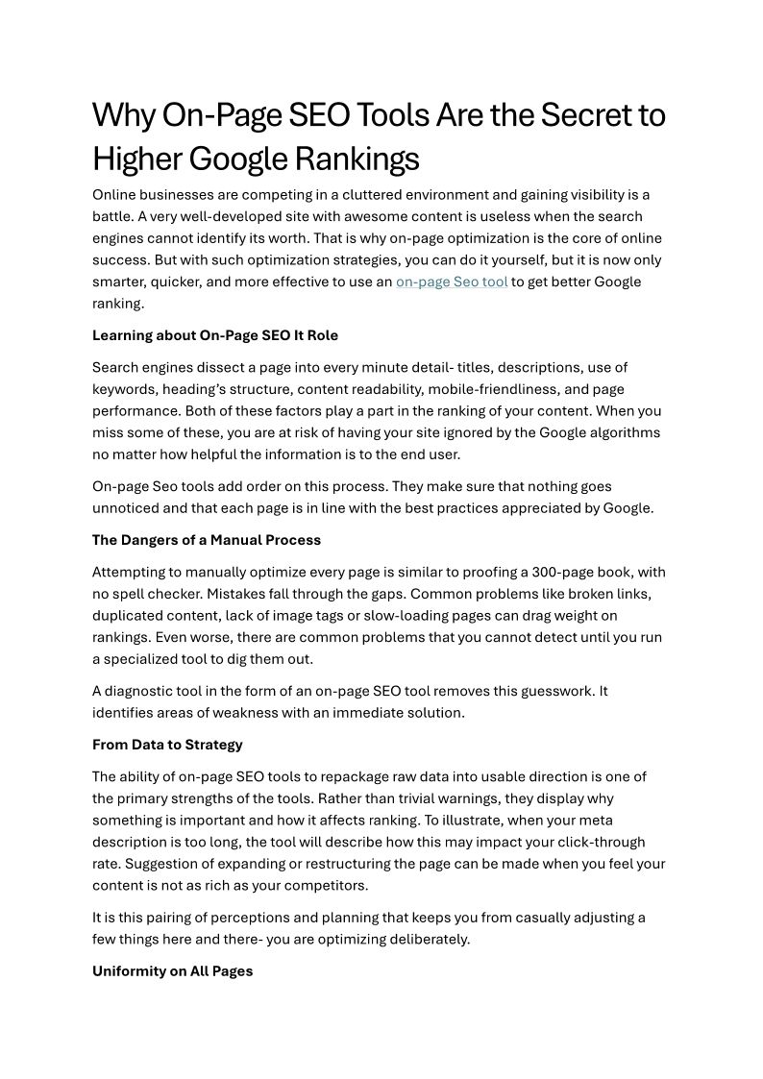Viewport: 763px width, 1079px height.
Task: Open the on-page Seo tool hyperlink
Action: pyautogui.click(x=452, y=282)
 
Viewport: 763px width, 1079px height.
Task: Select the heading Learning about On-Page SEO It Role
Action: pyautogui.click(x=215, y=335)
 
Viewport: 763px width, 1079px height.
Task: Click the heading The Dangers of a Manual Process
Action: pyautogui.click(x=207, y=540)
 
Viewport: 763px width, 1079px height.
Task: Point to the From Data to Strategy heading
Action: pyautogui.click(x=167, y=745)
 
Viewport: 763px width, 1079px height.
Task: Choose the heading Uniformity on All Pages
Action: pyautogui.click(x=172, y=971)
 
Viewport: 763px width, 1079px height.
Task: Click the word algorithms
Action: pyautogui.click(x=625, y=432)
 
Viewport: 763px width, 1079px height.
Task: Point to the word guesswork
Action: pyautogui.click(x=549, y=691)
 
